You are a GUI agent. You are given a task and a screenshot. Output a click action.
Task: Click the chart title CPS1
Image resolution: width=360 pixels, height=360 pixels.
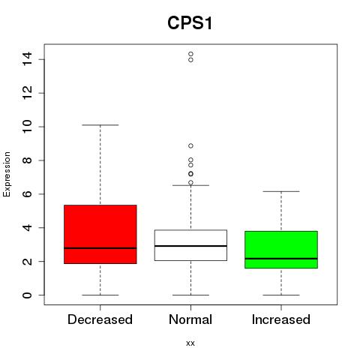(x=190, y=23)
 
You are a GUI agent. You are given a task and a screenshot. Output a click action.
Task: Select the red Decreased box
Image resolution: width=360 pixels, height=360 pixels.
(x=100, y=234)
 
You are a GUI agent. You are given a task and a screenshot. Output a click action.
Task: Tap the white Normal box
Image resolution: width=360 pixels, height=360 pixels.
(x=190, y=245)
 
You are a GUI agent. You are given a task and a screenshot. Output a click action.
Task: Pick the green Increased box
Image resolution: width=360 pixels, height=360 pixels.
(x=281, y=250)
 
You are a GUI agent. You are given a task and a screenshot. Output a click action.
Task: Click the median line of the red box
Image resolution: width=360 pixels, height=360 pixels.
(x=100, y=248)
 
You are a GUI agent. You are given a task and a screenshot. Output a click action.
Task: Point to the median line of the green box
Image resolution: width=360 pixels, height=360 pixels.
(x=281, y=259)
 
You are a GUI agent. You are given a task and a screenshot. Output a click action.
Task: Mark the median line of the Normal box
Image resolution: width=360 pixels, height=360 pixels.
(x=190, y=246)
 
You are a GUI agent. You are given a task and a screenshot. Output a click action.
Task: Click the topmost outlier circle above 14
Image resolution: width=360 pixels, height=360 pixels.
(x=190, y=54)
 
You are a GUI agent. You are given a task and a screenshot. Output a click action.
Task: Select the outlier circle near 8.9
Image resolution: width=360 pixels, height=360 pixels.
(x=190, y=145)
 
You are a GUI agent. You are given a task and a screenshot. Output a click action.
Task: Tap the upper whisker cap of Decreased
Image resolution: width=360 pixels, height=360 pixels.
(x=100, y=124)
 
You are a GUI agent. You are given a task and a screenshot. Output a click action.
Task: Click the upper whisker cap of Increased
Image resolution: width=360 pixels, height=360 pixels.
(x=281, y=191)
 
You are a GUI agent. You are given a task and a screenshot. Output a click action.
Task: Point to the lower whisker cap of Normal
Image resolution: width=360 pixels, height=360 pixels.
(x=190, y=295)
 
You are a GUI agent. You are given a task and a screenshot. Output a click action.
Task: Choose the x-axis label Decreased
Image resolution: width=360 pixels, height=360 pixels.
(x=100, y=319)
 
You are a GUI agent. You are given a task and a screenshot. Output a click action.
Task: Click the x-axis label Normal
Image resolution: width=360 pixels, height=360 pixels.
(x=190, y=319)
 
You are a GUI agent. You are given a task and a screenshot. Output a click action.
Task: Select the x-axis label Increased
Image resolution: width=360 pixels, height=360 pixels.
(x=281, y=319)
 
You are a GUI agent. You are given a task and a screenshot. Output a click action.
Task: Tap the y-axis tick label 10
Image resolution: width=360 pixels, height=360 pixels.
(x=27, y=127)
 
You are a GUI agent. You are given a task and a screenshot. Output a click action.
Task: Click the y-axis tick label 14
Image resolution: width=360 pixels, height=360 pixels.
(x=27, y=58)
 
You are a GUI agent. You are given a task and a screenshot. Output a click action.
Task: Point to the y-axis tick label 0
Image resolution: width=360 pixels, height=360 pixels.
(x=27, y=295)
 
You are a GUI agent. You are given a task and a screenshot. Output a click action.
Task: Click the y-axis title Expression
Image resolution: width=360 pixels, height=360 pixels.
(x=7, y=174)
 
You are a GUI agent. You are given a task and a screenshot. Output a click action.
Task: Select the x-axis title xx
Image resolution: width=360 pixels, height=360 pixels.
(x=190, y=343)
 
